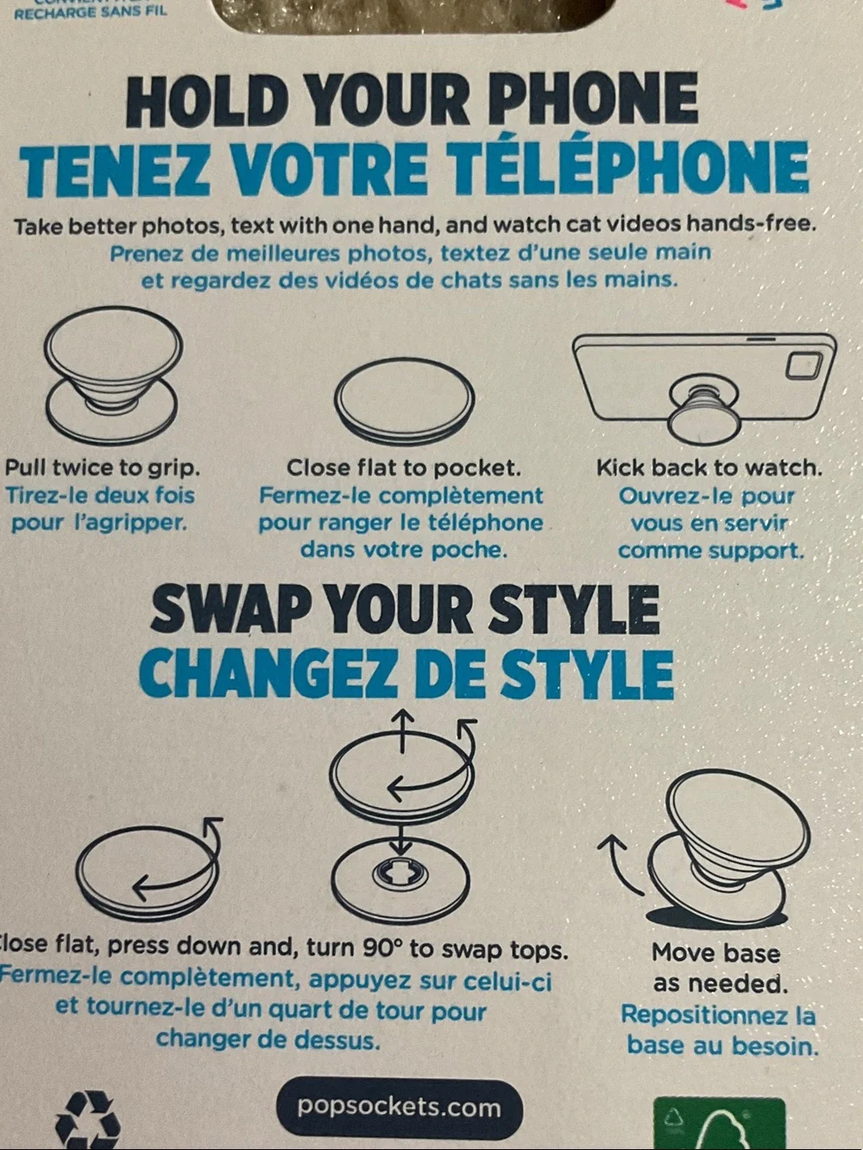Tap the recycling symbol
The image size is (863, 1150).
88,1119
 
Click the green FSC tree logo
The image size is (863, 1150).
720,1123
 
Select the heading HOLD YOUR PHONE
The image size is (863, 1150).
413,100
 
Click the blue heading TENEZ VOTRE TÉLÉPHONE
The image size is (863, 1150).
414,167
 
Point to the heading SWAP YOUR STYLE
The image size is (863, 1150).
405,610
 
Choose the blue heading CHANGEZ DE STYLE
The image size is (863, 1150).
406,674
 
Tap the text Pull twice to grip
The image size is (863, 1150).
103,468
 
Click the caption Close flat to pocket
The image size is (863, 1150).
404,468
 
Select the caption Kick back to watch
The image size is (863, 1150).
709,468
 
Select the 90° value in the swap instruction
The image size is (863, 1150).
383,946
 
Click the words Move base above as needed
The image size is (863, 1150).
715,952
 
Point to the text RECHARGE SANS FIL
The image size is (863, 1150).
90,11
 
